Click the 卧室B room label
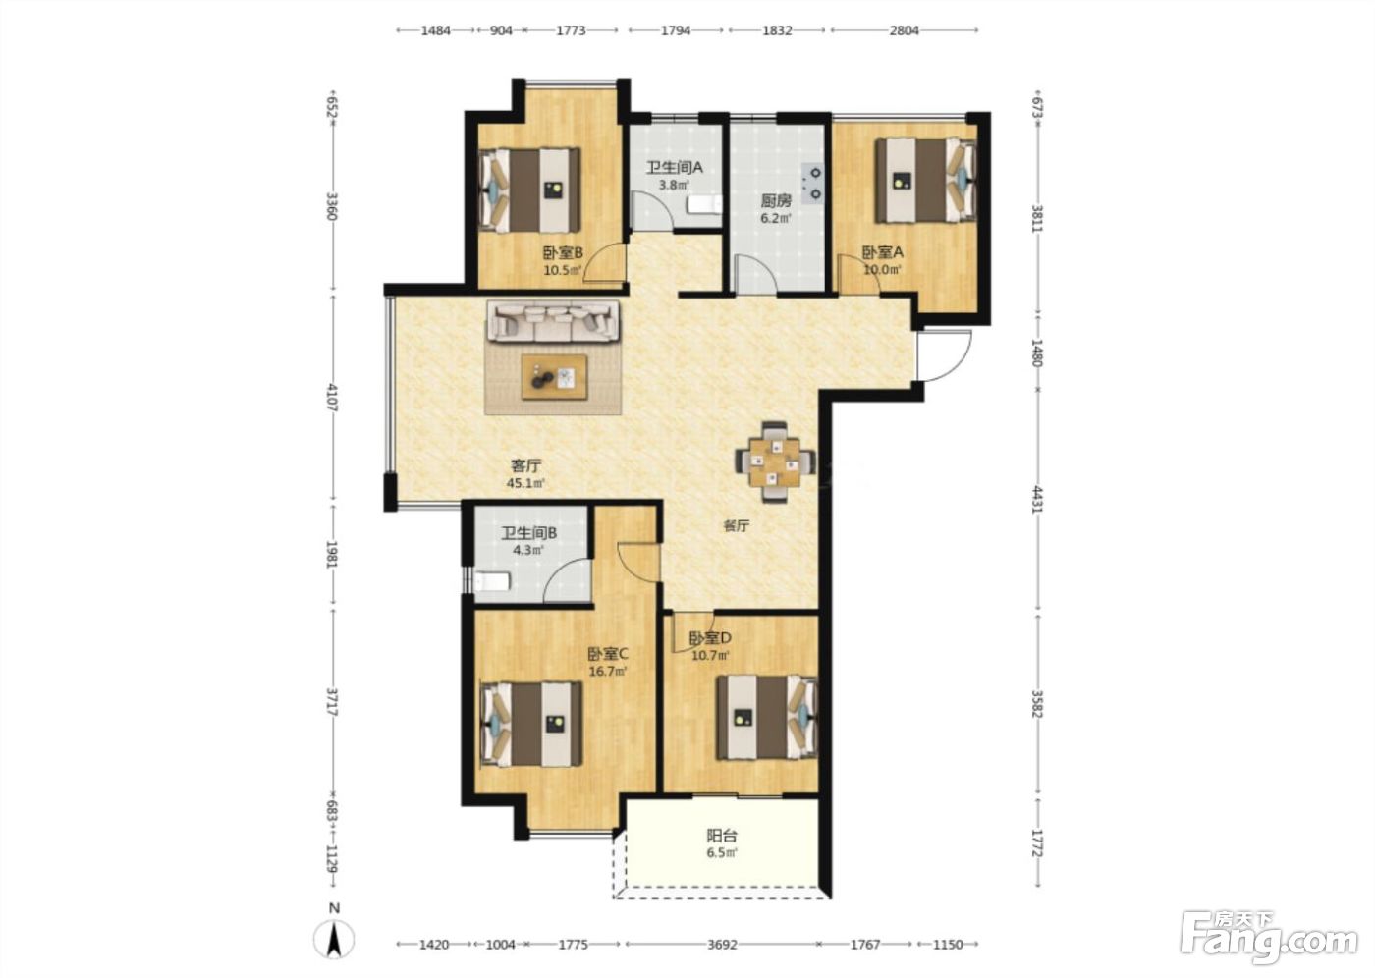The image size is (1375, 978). [562, 252]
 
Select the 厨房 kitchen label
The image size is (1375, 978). [776, 200]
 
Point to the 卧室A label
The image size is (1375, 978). [883, 252]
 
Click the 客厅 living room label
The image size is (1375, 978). [526, 465]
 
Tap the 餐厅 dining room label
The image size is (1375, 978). [736, 525]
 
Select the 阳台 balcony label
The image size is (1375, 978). [722, 836]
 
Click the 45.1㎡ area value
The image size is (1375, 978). [525, 483]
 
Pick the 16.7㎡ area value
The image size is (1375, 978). [608, 672]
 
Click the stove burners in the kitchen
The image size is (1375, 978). [812, 183]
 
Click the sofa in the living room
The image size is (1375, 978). [554, 320]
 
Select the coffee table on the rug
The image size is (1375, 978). [554, 377]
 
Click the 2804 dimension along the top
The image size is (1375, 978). [905, 30]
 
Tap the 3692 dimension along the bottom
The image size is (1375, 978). [721, 945]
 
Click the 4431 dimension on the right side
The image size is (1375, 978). [1037, 500]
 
